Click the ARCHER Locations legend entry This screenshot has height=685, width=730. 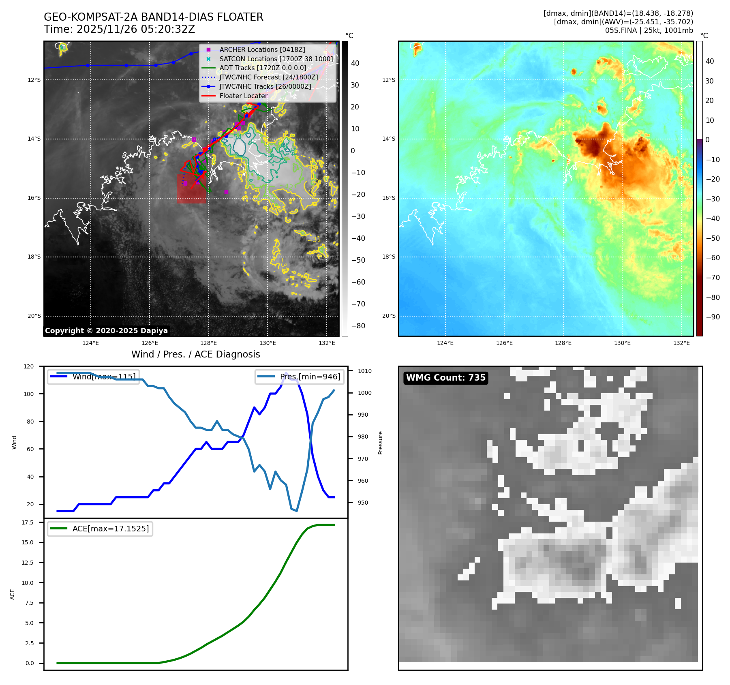pyautogui.click(x=262, y=49)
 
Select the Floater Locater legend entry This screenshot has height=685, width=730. pyautogui.click(x=243, y=96)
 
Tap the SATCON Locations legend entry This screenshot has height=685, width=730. pyautogui.click(x=276, y=59)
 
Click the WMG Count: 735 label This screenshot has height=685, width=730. pyautogui.click(x=445, y=378)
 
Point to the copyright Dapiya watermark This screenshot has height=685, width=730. pyautogui.click(x=106, y=331)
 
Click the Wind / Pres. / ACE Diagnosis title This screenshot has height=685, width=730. pyautogui.click(x=195, y=354)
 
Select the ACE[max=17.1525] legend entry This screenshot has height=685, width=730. pyautogui.click(x=110, y=529)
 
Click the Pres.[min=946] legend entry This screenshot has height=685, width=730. pyautogui.click(x=310, y=377)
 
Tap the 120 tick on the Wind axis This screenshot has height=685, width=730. pyautogui.click(x=29, y=366)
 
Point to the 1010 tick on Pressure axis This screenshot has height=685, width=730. pyautogui.click(x=364, y=371)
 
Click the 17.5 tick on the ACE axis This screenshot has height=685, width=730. pyautogui.click(x=28, y=522)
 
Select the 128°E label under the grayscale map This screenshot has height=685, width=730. pyautogui.click(x=209, y=343)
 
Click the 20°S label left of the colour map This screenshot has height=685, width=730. pyautogui.click(x=389, y=316)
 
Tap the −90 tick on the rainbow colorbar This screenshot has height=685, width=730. pyautogui.click(x=713, y=317)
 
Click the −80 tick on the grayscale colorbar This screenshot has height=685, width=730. pyautogui.click(x=358, y=326)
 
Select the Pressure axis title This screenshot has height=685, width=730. pyautogui.click(x=380, y=443)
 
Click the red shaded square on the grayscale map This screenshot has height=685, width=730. pyautogui.click(x=191, y=189)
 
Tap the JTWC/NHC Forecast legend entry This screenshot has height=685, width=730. pyautogui.click(x=268, y=77)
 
